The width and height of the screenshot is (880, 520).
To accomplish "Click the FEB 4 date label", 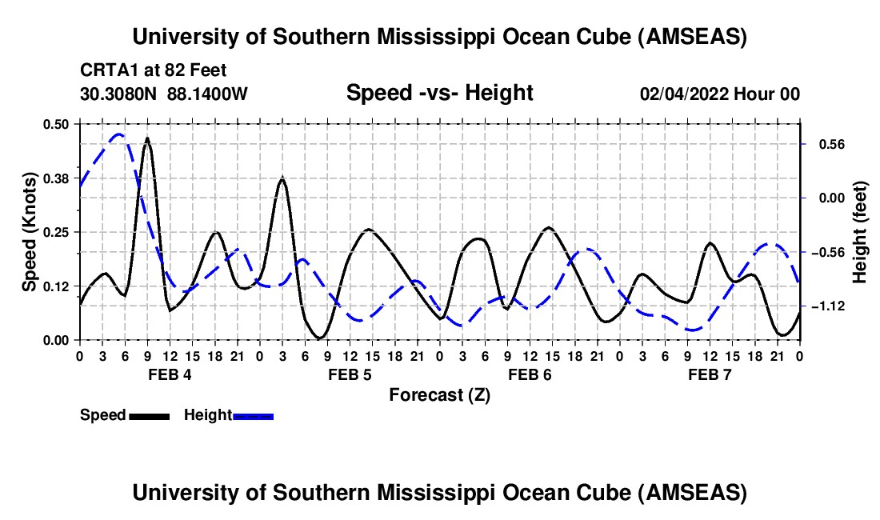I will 169,374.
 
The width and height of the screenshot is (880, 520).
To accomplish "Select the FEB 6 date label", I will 529,374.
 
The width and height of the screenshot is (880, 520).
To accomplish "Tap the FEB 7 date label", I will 709,374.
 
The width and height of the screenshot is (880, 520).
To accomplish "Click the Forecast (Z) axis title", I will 439,394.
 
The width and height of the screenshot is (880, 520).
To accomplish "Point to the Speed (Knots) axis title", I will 30,231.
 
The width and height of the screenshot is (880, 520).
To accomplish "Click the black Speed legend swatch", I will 149,416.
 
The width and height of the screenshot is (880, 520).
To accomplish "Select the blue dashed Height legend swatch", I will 254,416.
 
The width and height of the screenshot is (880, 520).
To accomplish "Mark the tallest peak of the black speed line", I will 147,138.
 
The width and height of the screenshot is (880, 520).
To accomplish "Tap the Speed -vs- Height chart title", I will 439,93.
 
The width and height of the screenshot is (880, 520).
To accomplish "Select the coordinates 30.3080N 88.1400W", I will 164,94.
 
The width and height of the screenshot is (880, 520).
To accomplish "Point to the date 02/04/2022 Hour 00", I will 719,94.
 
